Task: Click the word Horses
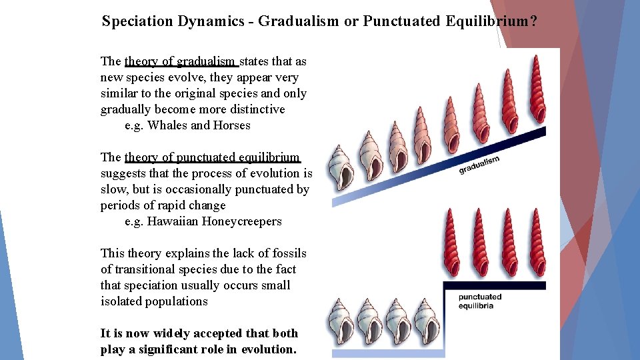231,125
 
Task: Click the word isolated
121,301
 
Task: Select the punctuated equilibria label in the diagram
480,301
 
